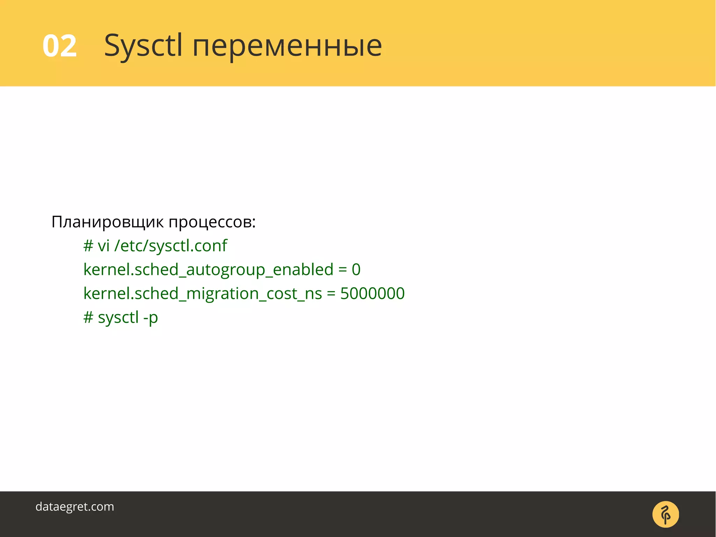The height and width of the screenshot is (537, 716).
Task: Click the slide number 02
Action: (x=59, y=46)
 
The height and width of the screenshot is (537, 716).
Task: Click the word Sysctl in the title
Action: (x=143, y=46)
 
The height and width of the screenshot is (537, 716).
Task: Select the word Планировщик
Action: (x=107, y=222)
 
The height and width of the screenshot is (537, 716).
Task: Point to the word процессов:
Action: (x=212, y=222)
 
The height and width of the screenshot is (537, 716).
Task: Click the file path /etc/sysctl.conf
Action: (x=171, y=246)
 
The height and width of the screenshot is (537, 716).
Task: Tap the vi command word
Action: (x=103, y=246)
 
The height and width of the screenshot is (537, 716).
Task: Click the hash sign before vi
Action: (x=88, y=246)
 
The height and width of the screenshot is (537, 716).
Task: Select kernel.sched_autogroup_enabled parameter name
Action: (x=208, y=269)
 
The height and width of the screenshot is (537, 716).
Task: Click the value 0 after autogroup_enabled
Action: (x=356, y=269)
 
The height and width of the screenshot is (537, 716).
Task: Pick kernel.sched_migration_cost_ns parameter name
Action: (x=202, y=293)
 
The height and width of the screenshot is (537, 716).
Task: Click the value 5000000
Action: (x=372, y=293)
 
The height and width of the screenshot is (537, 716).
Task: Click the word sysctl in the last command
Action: (x=118, y=318)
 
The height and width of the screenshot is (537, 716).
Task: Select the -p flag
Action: (x=151, y=318)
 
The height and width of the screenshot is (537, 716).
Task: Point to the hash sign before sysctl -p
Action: (x=88, y=317)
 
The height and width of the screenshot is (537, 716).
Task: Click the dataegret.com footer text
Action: (x=75, y=507)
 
